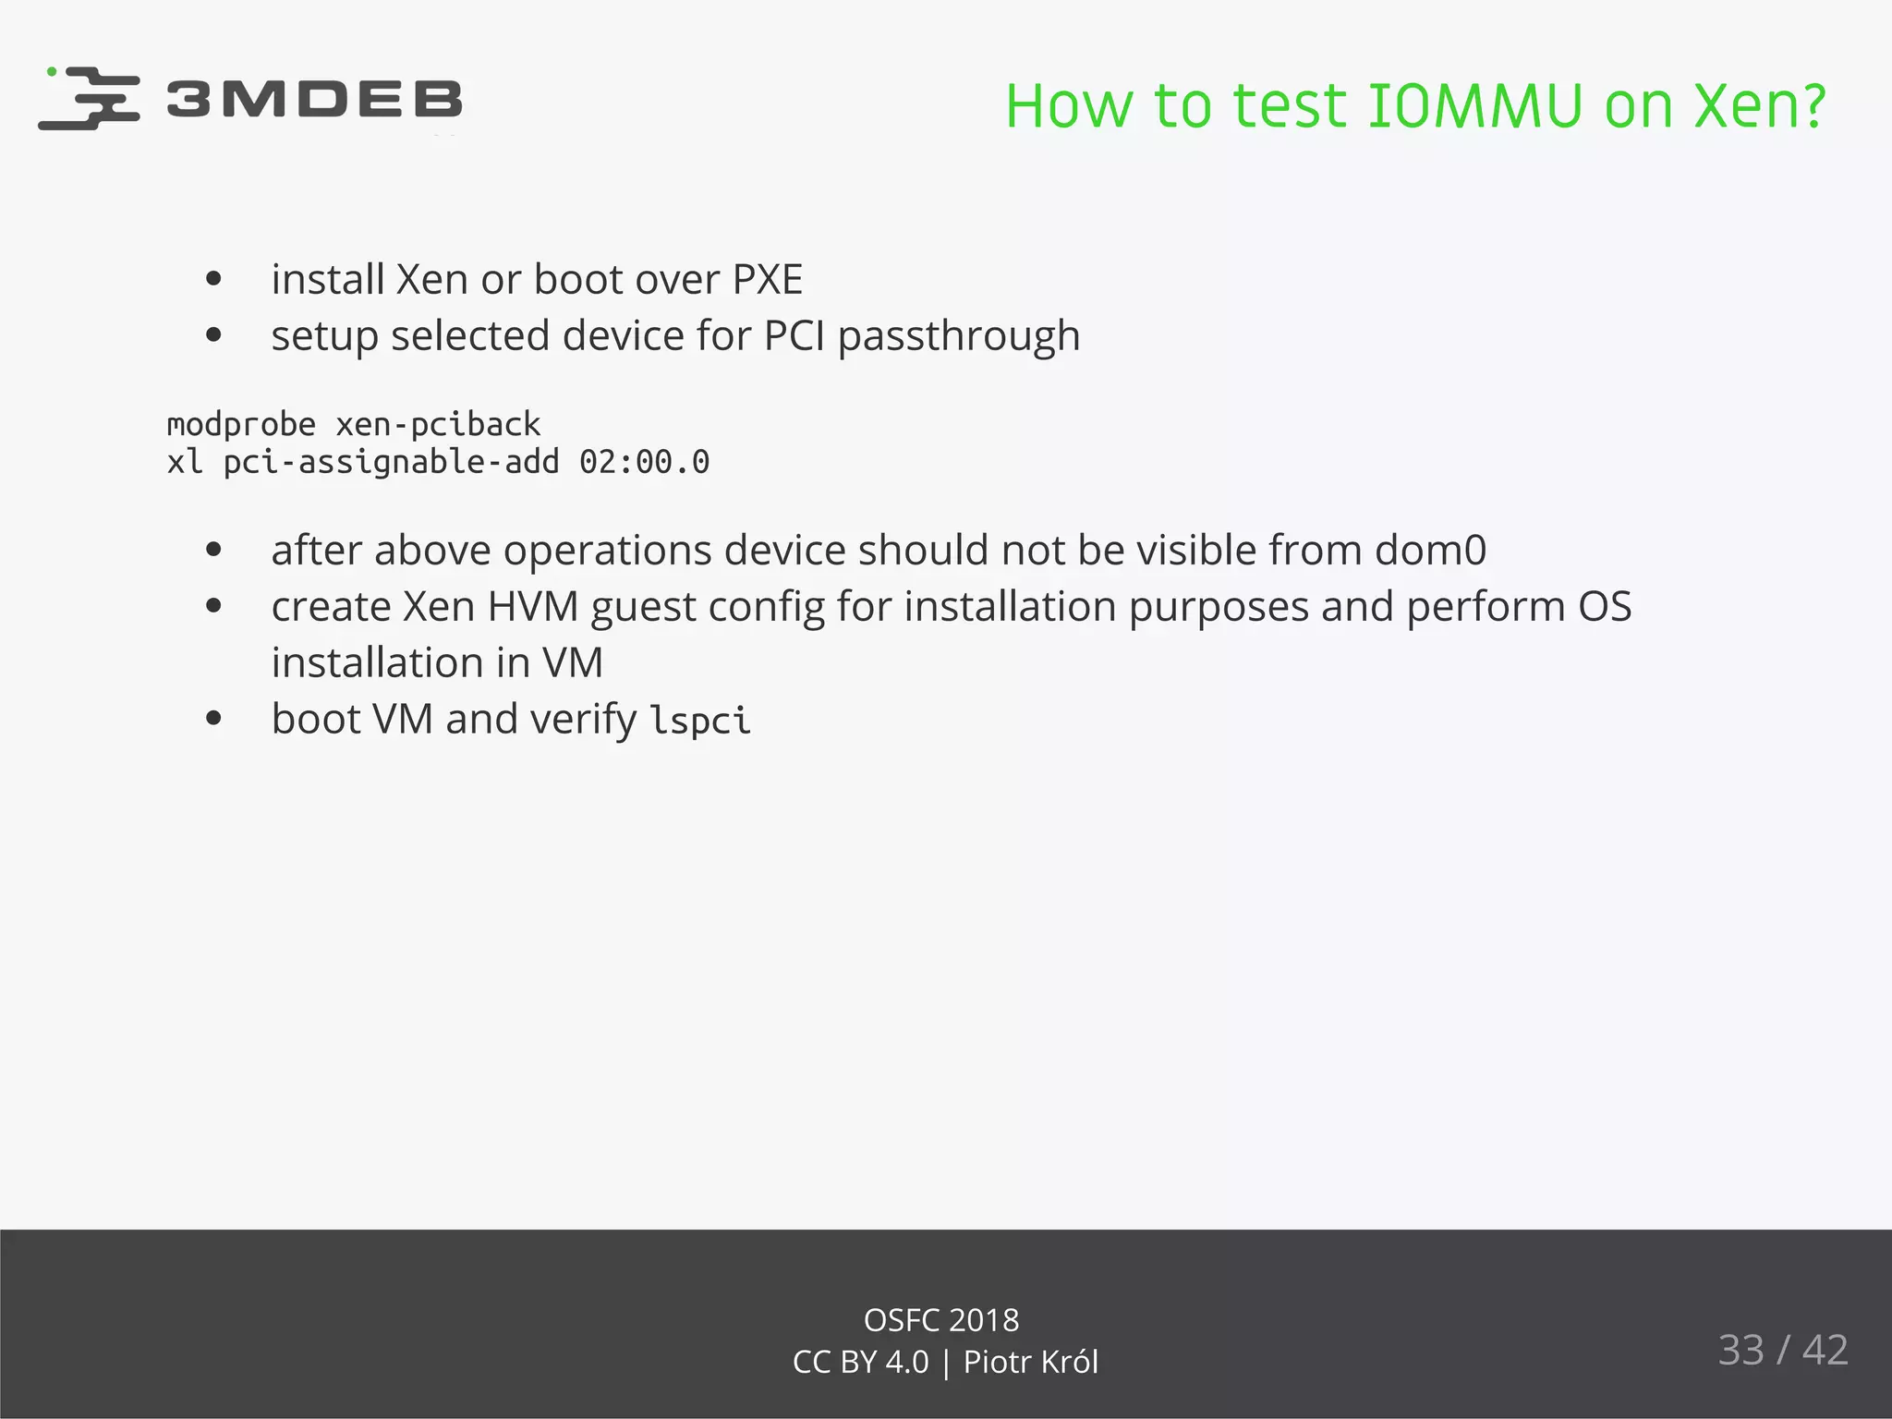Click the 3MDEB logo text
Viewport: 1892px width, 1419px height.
coord(314,100)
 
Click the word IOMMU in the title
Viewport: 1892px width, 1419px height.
coord(1474,106)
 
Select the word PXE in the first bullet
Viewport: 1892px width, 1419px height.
coord(767,279)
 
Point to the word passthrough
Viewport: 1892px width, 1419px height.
coord(958,336)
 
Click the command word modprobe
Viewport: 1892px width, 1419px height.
coord(241,425)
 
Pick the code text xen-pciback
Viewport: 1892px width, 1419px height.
coord(438,425)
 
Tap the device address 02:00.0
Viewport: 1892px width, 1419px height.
coord(644,462)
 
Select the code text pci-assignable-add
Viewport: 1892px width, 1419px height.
coord(391,462)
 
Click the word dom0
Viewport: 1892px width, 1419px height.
coord(1430,551)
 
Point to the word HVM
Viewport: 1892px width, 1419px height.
coord(532,607)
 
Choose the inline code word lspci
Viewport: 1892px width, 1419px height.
coord(699,721)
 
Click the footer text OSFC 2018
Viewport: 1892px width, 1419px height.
coord(940,1320)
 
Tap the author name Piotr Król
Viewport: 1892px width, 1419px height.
coord(1030,1363)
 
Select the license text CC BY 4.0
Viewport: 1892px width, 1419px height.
coord(860,1363)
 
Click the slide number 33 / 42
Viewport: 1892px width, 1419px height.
coord(1782,1350)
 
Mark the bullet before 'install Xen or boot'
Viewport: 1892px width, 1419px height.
coord(214,279)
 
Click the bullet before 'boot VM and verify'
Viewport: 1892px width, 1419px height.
coord(214,719)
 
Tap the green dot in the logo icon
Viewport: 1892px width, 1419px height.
coord(52,71)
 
